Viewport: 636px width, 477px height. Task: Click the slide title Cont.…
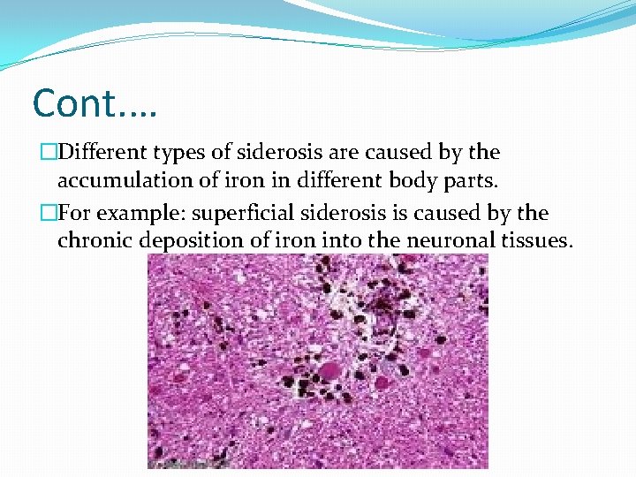(94, 103)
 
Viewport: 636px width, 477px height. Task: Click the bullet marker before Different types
(38, 153)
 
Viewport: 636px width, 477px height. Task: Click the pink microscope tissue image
(317, 361)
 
